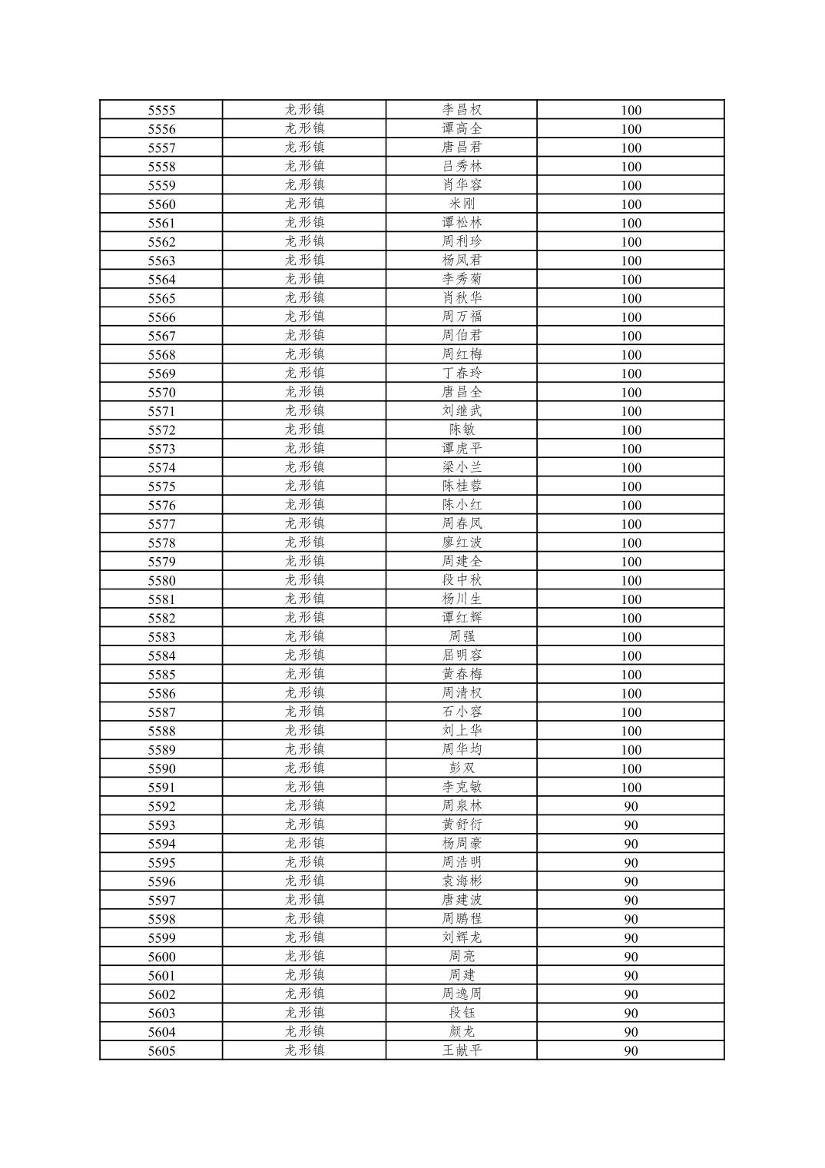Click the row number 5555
(x=161, y=110)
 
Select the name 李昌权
(x=462, y=110)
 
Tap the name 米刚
(x=462, y=204)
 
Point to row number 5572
(x=161, y=430)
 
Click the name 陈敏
(x=462, y=430)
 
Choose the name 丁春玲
(x=462, y=373)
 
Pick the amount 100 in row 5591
(x=631, y=788)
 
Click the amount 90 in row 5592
(x=631, y=806)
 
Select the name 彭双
(x=462, y=768)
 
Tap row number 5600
(x=161, y=957)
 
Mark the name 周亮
(x=462, y=957)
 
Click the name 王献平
(x=462, y=1050)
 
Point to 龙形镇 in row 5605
(x=304, y=1050)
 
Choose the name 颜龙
(x=462, y=1032)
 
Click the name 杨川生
(x=462, y=599)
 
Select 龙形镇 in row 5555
(x=304, y=110)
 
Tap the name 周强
(x=462, y=637)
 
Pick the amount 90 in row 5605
(x=631, y=1050)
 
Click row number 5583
(x=161, y=637)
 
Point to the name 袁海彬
(x=462, y=881)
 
